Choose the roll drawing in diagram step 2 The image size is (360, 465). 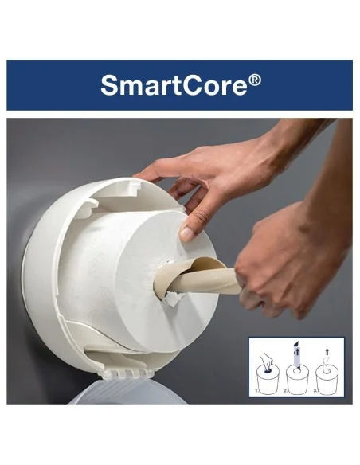[x=297, y=379]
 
